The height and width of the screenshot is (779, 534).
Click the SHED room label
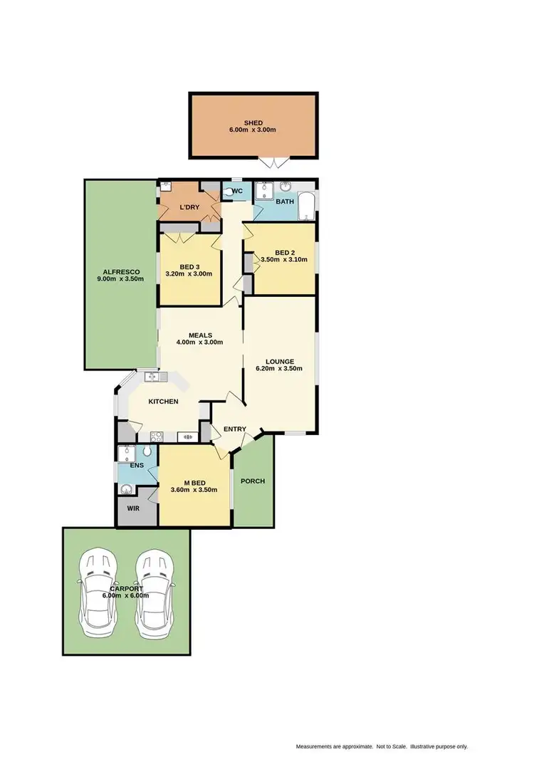point(253,123)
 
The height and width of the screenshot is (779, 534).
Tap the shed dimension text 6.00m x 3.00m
point(253,131)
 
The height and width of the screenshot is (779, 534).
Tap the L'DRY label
point(189,207)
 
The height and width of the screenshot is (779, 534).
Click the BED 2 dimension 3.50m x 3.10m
point(284,260)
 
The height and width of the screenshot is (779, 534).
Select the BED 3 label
point(189,266)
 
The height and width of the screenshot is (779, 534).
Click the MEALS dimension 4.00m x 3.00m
point(199,343)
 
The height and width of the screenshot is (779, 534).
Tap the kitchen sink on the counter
point(151,376)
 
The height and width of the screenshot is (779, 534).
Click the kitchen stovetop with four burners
point(155,436)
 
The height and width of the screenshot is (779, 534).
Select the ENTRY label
point(235,429)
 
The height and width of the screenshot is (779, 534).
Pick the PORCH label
point(253,481)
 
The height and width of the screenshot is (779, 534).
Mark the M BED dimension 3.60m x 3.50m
point(194,490)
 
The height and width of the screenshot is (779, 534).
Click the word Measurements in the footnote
point(314,747)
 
